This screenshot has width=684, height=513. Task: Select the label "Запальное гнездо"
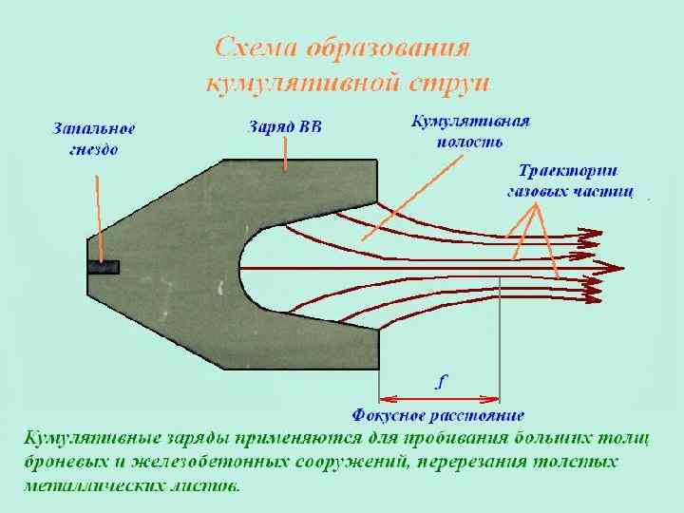(x=93, y=139)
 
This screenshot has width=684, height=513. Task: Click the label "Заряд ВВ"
(x=285, y=127)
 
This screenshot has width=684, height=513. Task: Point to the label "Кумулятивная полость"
(x=469, y=131)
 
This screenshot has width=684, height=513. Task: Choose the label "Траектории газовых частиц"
(x=568, y=181)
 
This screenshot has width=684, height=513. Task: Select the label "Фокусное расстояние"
(x=438, y=415)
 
